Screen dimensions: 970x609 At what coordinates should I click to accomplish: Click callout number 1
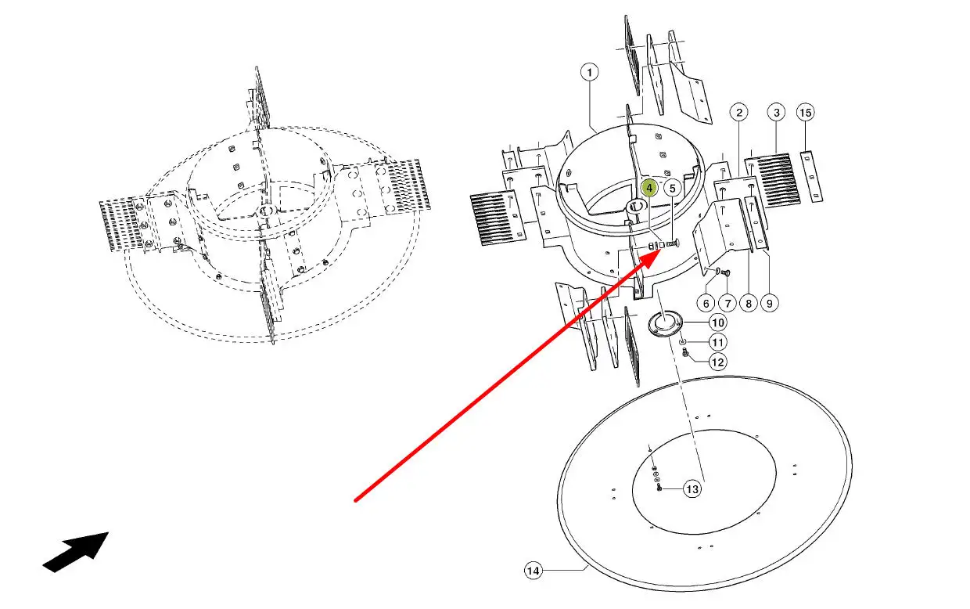click(589, 72)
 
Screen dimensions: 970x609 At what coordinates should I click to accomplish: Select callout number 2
click(738, 113)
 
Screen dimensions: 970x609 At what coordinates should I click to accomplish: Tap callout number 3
click(777, 113)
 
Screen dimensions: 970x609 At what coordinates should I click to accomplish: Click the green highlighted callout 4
click(649, 188)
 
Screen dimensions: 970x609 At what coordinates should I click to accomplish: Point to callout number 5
click(672, 189)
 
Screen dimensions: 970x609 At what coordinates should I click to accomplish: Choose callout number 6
click(706, 303)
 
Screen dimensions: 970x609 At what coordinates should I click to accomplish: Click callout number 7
click(727, 303)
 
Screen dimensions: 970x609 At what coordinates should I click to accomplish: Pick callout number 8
click(749, 303)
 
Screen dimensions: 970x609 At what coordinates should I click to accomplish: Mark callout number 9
click(770, 303)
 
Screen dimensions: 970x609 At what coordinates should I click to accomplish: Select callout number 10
click(718, 323)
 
